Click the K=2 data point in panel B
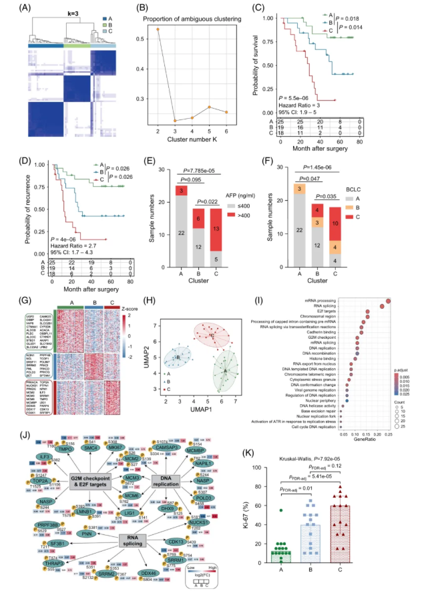click(x=158, y=30)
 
